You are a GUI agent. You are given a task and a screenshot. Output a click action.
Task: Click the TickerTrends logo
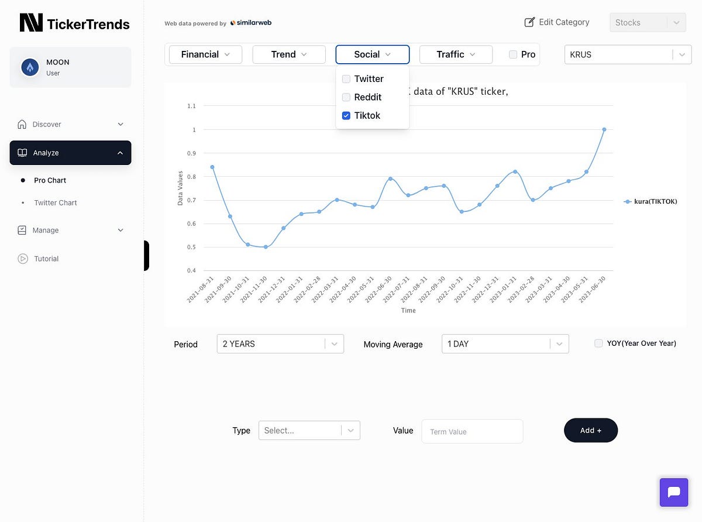[x=74, y=23]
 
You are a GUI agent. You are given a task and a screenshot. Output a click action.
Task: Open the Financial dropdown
[x=205, y=54]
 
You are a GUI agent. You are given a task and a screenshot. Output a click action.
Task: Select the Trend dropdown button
[x=289, y=54]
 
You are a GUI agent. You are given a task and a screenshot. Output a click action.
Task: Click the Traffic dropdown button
[x=456, y=54]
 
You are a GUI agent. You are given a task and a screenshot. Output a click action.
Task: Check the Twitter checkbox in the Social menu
[x=346, y=79]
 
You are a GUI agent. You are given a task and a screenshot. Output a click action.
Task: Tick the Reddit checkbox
[x=346, y=97]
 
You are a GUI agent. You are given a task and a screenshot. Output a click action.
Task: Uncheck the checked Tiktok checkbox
[x=346, y=116]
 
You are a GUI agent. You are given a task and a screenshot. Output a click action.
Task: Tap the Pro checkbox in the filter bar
[x=513, y=54]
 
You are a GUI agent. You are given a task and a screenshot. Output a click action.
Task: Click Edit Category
[x=557, y=22]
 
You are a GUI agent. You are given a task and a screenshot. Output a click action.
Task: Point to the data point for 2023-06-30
[x=604, y=129]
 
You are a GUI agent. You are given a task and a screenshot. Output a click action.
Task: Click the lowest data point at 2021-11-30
[x=266, y=247]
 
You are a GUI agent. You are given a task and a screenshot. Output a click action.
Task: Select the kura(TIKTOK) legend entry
[x=651, y=201]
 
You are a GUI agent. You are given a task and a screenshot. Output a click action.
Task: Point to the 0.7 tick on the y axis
[x=191, y=200]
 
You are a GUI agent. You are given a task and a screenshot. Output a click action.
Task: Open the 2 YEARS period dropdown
[x=280, y=344]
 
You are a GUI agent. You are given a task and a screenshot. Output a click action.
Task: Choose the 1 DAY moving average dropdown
[x=505, y=344]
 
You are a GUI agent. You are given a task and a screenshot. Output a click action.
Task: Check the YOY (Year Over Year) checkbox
[x=598, y=344]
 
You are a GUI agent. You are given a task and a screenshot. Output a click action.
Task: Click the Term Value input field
[x=472, y=431]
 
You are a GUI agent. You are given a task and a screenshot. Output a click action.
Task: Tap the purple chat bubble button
[x=674, y=492]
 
